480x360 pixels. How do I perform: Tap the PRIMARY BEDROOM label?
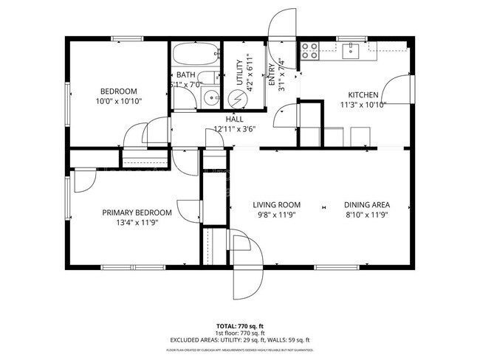tap(137, 212)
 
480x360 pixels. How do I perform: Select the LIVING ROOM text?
tap(276, 205)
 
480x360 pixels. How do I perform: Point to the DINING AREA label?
tap(366, 205)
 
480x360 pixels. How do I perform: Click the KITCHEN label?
tap(363, 94)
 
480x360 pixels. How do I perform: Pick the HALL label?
tap(234, 119)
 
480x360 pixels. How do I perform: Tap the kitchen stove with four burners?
tap(309, 50)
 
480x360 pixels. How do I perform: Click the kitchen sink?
tap(352, 49)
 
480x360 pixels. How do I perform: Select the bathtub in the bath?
tap(196, 54)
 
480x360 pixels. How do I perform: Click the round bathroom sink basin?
tap(210, 96)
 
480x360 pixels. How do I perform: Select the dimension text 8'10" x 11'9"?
tap(366, 215)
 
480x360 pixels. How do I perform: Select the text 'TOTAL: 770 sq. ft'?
tap(239, 325)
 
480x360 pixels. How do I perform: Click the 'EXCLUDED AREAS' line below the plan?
tap(239, 339)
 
